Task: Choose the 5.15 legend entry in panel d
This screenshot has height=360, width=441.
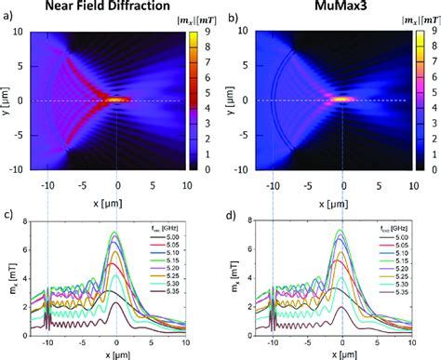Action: point(401,261)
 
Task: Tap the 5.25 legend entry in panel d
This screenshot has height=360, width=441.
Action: point(401,277)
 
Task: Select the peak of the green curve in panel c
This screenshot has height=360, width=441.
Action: point(115,232)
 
